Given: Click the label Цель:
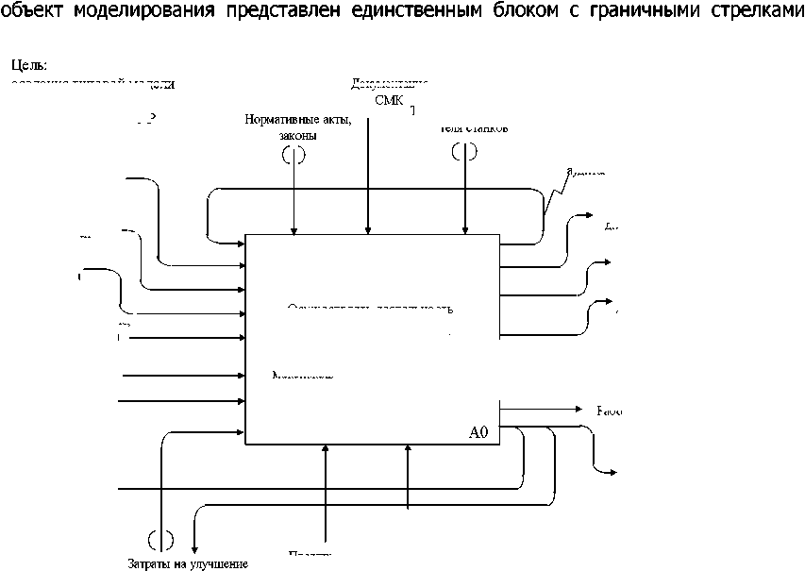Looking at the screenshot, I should coord(29,66).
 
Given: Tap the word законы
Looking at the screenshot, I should coord(297,135).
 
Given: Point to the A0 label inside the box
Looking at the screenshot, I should coord(479,432).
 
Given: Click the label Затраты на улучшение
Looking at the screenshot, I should coord(188,563).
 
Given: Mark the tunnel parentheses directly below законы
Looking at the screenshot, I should coord(293,155).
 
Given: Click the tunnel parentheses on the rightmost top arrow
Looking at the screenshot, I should coord(463,151).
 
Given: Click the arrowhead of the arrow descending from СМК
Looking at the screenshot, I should coord(368,229).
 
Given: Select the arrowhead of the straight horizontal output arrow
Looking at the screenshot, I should coord(581,410).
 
